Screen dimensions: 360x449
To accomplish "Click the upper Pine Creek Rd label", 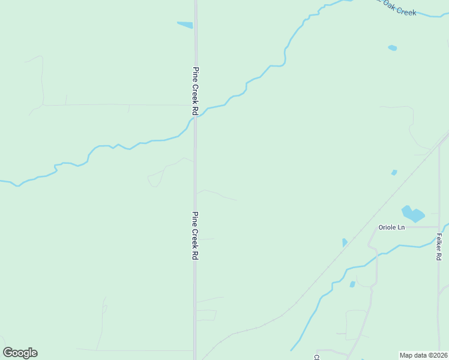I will tap(195, 91).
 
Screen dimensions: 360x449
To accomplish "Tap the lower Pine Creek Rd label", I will tap(195, 235).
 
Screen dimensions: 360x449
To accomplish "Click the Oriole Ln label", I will tap(391, 227).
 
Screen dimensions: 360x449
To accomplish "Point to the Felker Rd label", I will tap(439, 246).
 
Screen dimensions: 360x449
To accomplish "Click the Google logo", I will tap(20, 352).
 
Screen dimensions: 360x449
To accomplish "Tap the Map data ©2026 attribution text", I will tap(424, 355).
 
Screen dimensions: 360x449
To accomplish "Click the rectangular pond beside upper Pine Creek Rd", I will tap(185, 25).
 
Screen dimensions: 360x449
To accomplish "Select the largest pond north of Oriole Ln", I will tap(412, 213).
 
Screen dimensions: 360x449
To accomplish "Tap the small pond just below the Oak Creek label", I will tap(392, 47).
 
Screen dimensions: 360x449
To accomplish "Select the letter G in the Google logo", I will tap(8, 352).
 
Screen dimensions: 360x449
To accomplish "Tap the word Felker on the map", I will tap(439, 242).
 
